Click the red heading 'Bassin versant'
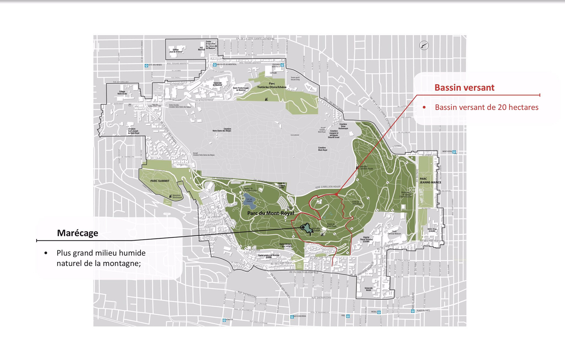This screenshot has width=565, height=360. point(464,88)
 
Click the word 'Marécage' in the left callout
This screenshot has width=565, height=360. point(77,233)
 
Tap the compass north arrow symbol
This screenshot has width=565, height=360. point(424,46)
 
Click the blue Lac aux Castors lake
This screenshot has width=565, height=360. point(248,200)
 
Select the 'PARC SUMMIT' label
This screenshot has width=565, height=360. point(160,181)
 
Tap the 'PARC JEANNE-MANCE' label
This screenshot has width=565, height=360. point(430,181)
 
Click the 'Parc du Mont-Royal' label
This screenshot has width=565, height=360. point(270,213)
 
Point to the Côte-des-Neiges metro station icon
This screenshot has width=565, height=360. point(146,65)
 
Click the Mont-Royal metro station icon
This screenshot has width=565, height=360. point(454,152)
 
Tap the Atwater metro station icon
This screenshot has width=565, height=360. point(224,320)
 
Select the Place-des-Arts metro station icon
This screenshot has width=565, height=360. point(413,311)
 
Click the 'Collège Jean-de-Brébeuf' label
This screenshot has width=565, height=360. point(176,51)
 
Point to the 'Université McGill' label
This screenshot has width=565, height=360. point(369,289)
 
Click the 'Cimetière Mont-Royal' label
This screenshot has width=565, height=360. point(323,149)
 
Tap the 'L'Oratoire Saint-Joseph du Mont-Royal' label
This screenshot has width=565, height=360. point(133,131)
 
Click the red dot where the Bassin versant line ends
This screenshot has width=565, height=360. point(336,194)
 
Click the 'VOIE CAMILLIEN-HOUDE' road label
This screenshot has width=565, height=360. point(328,187)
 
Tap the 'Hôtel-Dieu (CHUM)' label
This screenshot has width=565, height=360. point(432,230)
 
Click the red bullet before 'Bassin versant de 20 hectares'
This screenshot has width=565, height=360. point(424,107)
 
